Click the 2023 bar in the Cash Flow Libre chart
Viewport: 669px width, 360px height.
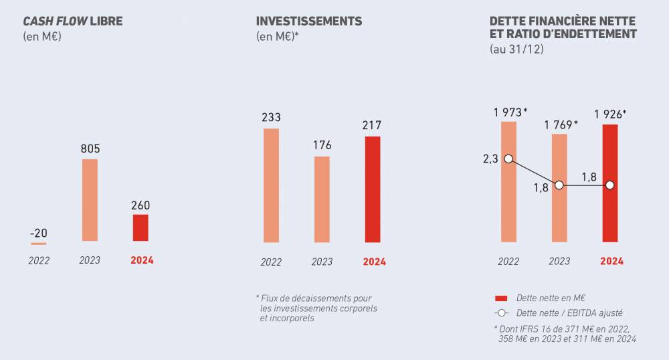click(x=90, y=200)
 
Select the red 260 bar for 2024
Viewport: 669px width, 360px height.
click(x=140, y=228)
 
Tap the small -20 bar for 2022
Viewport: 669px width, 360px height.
click(x=39, y=244)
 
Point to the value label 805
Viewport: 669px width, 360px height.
click(x=90, y=149)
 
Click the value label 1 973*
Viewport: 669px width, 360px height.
click(x=511, y=112)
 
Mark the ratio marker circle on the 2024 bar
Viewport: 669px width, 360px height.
click(x=610, y=185)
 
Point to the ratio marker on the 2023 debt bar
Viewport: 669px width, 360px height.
click(x=559, y=185)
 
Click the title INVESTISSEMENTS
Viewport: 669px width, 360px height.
click(x=309, y=21)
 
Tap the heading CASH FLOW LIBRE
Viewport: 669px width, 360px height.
click(x=73, y=21)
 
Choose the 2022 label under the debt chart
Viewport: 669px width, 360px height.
click(x=508, y=262)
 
